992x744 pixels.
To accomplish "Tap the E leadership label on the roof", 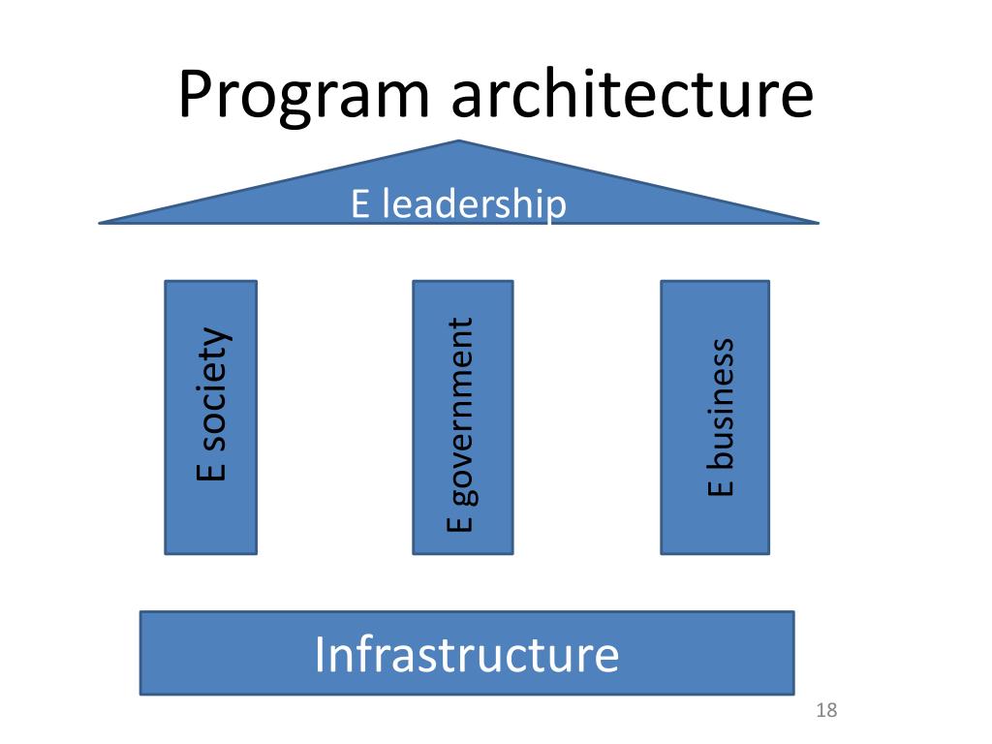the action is (458, 204).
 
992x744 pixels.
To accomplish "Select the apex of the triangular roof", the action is (458, 142).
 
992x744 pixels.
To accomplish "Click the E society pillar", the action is (211, 418).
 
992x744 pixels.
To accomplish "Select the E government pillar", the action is (462, 418).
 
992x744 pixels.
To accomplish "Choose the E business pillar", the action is (715, 418).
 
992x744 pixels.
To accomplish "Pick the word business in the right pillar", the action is (721, 401).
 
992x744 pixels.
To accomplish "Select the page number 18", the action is (826, 711).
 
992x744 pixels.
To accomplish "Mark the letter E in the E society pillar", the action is (211, 470).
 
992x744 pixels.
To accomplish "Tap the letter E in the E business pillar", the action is (721, 486).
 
